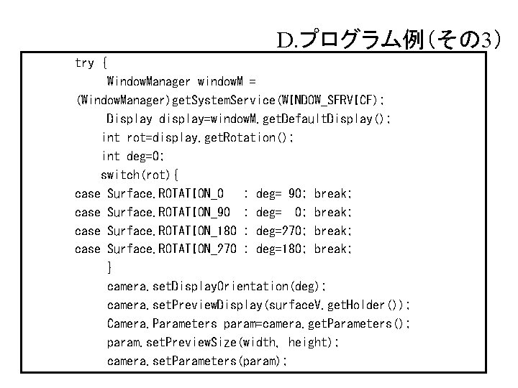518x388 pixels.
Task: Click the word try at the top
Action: coord(85,63)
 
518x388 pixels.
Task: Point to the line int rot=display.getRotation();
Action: coord(198,137)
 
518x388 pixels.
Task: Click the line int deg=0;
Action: coord(134,156)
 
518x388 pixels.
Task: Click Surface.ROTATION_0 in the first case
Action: coord(165,193)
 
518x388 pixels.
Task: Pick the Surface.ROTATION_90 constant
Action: coord(168,212)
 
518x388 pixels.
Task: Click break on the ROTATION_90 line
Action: coord(334,212)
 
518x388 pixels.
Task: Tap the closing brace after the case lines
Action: coord(109,268)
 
